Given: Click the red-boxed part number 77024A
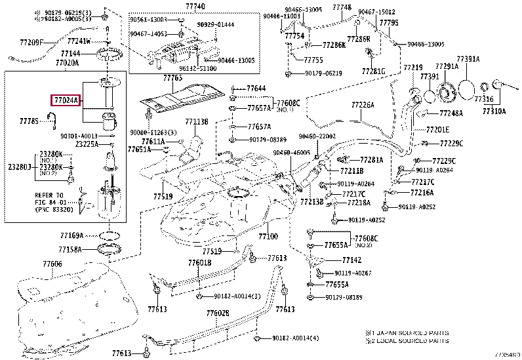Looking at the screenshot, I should point(66,101).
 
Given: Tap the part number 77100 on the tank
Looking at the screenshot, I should point(268,236).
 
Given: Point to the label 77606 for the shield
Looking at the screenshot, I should point(52,264).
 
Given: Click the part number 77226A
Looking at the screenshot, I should point(362,104).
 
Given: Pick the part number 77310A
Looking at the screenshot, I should point(495,112).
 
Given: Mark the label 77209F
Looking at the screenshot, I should point(31,43).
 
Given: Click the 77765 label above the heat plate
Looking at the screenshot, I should point(172,78).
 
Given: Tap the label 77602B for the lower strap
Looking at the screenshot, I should point(217,313).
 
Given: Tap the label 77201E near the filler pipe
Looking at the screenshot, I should point(437,129).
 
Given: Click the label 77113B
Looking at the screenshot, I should point(196,121).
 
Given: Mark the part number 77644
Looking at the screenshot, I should point(256,88).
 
